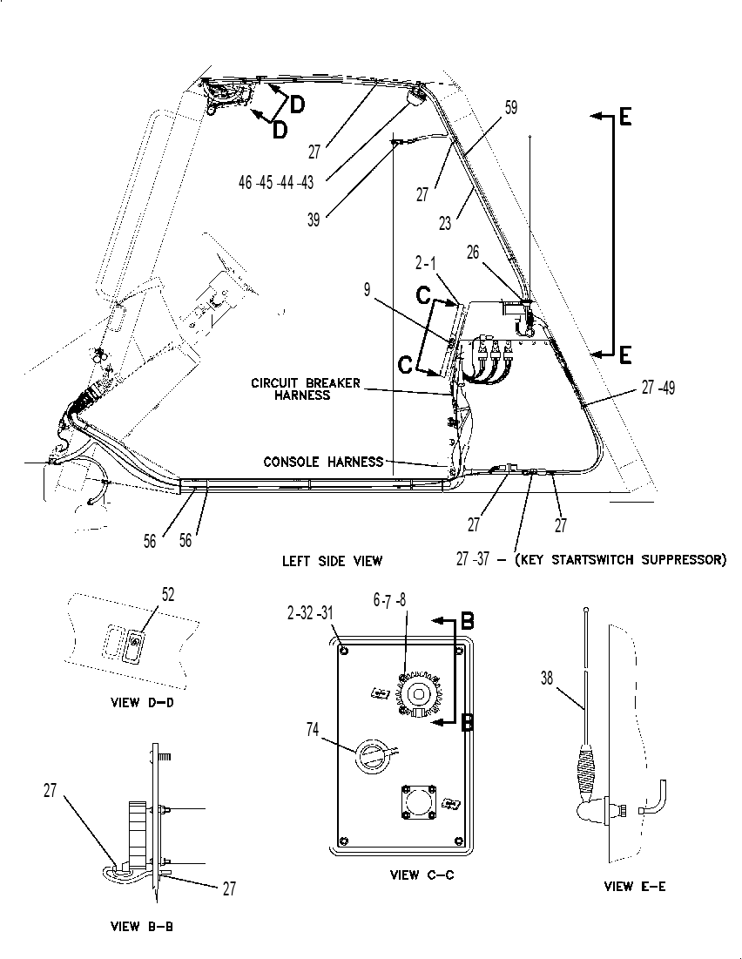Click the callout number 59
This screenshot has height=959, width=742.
click(x=510, y=107)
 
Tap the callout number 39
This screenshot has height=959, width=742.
click(x=314, y=219)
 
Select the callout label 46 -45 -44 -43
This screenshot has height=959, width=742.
click(x=276, y=182)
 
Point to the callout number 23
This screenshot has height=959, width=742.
click(x=445, y=223)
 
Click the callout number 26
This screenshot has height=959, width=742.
click(x=473, y=252)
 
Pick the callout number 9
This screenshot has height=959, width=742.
click(x=367, y=289)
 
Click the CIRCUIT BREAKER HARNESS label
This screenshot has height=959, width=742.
click(x=306, y=389)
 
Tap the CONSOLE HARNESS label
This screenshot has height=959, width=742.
click(x=324, y=462)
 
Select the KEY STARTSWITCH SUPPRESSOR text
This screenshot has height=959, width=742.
click(x=621, y=559)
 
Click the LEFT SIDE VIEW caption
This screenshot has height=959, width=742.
click(x=332, y=560)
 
